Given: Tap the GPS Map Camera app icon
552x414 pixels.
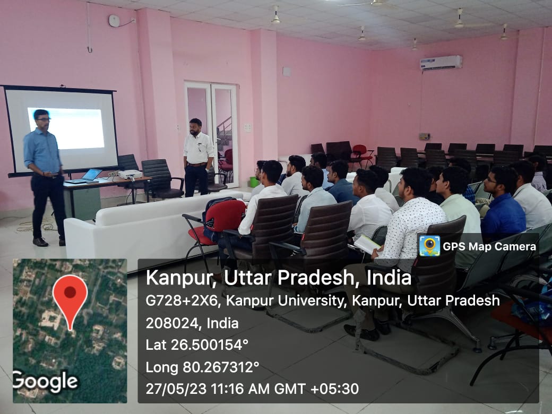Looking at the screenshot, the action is [429, 246].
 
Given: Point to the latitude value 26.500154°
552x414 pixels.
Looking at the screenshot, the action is [210, 345].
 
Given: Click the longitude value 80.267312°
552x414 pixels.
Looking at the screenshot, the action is [221, 367].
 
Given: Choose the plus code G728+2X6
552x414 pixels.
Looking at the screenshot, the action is [183, 301].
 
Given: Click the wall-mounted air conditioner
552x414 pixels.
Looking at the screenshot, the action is [441, 63].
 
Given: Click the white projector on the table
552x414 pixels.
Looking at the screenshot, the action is [130, 174].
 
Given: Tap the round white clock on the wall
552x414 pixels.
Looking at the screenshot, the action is [114, 21].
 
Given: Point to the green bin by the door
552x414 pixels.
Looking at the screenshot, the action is [254, 182].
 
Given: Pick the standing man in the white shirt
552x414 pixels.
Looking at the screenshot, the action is [197, 157].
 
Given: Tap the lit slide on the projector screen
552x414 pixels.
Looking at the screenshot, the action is [66, 128].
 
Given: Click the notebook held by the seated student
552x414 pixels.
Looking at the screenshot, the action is [368, 244].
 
